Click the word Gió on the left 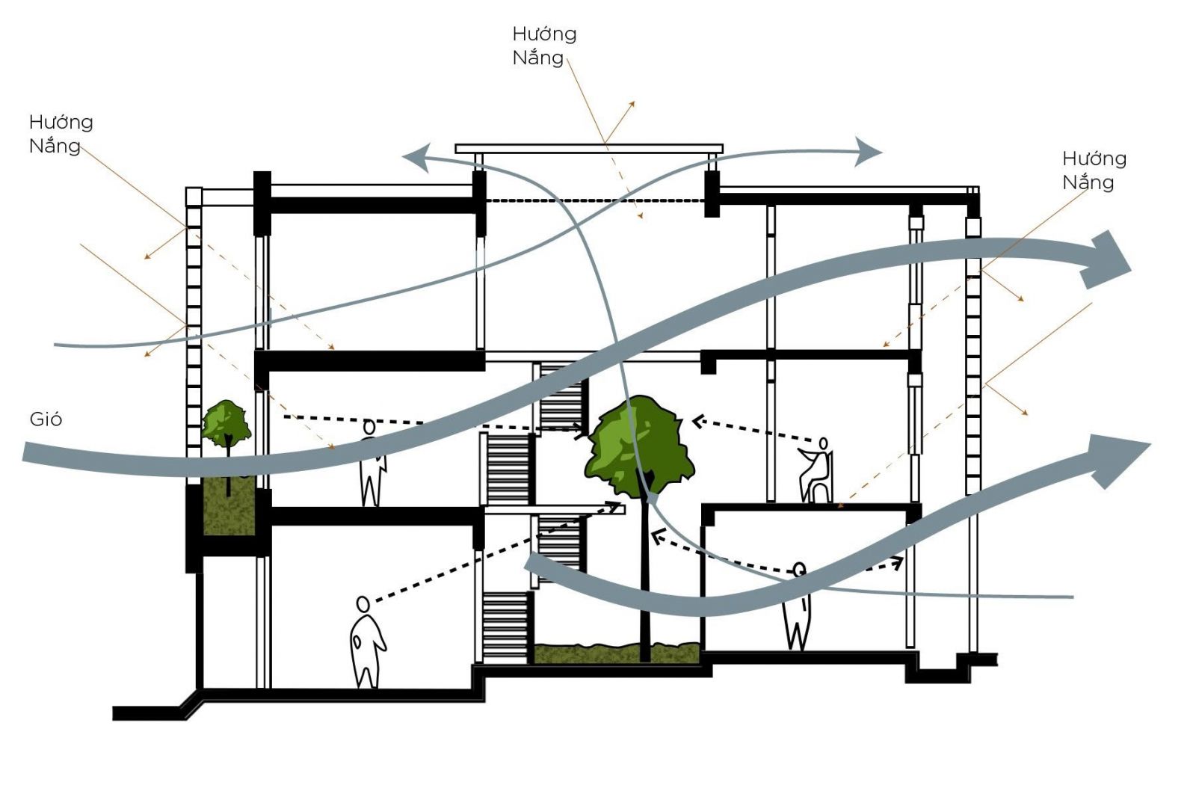46,419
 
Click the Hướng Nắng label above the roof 544,46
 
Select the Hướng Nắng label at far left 61,134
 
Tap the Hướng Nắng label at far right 1094,170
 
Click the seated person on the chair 816,470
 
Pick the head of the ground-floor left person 363,604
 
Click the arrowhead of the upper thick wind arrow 1106,260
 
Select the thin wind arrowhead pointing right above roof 868,152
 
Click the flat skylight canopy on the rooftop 589,149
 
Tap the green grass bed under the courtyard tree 617,653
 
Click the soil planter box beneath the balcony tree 229,507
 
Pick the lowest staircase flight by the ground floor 505,627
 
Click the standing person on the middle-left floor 372,463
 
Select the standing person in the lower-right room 797,606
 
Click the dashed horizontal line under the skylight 595,201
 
